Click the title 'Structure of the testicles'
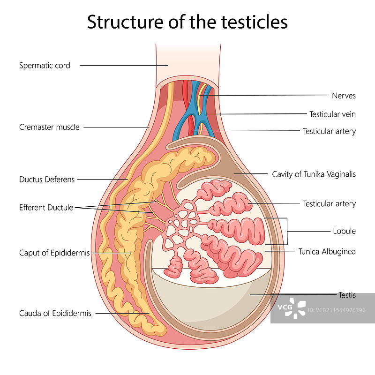tap(187, 22)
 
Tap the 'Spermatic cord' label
tap(45, 66)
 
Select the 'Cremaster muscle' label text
tap(49, 127)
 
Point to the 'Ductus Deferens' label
tap(47, 179)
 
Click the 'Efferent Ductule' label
tap(46, 207)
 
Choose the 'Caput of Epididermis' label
tap(54, 253)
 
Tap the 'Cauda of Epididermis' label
tap(55, 313)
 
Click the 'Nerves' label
tap(344, 96)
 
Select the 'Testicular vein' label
tap(332, 114)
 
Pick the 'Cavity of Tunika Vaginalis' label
tap(314, 174)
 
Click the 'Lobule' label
tap(344, 231)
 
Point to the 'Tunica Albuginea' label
tap(327, 252)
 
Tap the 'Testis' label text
tap(347, 295)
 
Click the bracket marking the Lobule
tap(286, 231)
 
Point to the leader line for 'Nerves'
tap(262, 96)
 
